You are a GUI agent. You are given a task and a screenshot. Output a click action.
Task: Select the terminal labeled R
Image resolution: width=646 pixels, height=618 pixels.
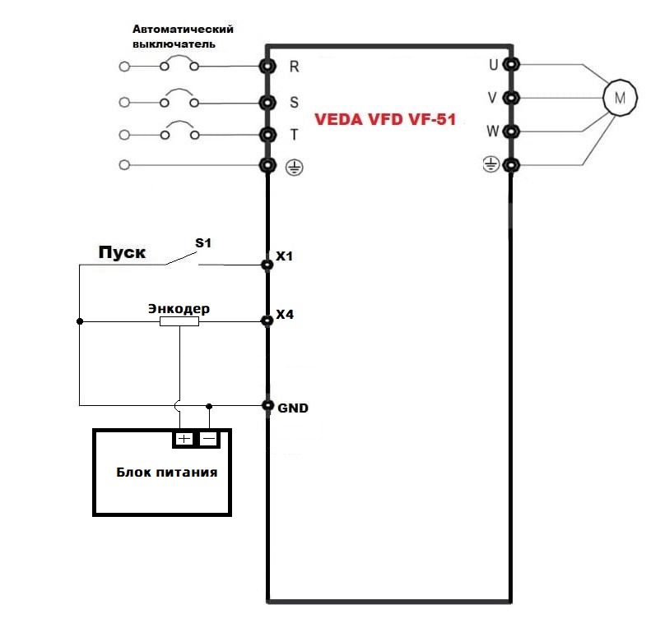click(x=267, y=66)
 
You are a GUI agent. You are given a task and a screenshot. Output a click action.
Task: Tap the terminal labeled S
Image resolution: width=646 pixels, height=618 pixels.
click(x=267, y=103)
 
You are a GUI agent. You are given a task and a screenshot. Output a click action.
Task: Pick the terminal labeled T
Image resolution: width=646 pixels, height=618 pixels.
click(x=267, y=134)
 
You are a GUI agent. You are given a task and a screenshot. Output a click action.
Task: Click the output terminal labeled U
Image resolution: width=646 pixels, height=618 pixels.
click(x=512, y=64)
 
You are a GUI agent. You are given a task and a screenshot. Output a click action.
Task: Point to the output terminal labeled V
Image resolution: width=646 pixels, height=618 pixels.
click(x=512, y=98)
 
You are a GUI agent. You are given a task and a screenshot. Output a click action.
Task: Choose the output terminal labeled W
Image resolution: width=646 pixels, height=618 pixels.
click(x=512, y=131)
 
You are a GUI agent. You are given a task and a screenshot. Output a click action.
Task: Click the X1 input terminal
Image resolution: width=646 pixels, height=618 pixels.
click(x=267, y=265)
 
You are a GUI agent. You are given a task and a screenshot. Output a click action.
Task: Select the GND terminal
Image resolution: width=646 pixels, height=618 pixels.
click(x=267, y=405)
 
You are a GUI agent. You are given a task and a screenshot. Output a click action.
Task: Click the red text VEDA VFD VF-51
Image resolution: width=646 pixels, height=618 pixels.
click(x=385, y=119)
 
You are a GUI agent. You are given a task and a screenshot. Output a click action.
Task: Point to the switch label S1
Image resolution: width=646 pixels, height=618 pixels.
click(x=202, y=243)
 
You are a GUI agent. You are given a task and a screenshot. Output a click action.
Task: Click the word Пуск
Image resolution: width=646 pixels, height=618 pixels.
click(x=122, y=252)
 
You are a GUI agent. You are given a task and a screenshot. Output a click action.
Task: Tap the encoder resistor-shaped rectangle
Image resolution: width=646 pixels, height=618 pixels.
click(x=179, y=322)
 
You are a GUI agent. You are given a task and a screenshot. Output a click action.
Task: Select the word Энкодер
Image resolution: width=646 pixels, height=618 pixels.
click(x=179, y=308)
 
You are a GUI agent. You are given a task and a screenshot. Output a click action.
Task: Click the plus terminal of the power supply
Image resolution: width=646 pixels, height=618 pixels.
click(x=184, y=439)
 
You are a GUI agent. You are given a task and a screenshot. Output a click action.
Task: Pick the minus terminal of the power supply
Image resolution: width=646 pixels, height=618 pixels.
click(x=210, y=439)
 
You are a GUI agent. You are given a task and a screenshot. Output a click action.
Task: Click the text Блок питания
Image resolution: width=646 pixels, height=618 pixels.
click(x=166, y=473)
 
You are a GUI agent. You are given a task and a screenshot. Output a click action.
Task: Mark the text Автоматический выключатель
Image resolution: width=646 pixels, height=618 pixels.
click(x=183, y=36)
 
